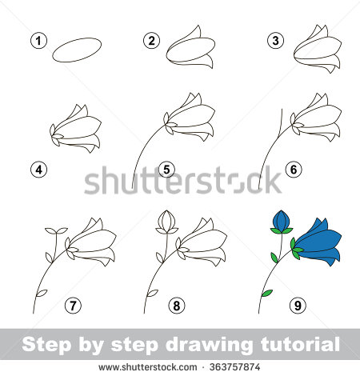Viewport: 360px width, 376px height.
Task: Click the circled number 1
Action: click(37, 40)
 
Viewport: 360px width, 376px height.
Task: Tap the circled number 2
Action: click(150, 40)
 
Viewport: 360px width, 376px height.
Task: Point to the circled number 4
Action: click(37, 169)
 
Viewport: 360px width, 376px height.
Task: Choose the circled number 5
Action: click(166, 169)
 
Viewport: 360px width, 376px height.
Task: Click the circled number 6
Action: click(294, 169)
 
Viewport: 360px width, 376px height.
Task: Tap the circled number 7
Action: click(73, 305)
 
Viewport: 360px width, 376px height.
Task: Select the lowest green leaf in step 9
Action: click(268, 292)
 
